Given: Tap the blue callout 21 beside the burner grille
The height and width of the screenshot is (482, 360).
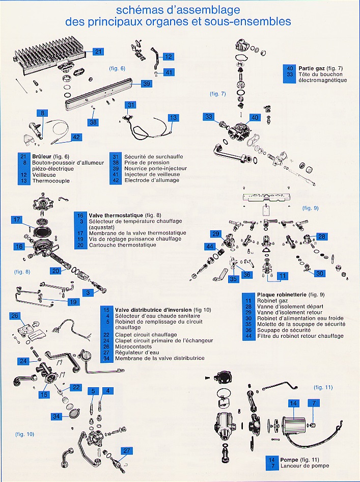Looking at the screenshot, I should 98,51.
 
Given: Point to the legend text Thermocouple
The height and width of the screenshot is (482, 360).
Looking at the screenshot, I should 51,181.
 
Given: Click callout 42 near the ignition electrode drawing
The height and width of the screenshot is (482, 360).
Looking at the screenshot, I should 76,137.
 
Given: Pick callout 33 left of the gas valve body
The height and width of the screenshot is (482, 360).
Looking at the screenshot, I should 208,117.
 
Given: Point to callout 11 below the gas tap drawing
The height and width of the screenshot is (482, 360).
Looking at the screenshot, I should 283,276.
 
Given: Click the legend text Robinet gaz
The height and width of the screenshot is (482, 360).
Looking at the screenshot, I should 273,301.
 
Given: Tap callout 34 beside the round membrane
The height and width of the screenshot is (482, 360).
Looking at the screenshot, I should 57,416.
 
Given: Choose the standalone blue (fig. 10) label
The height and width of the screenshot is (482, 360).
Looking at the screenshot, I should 24,434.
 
